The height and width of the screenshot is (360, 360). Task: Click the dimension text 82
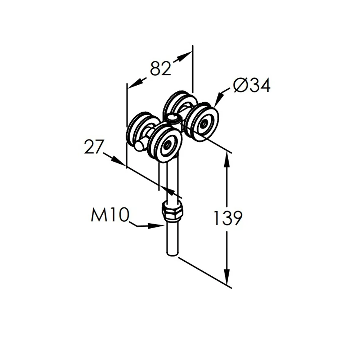click(x=161, y=68)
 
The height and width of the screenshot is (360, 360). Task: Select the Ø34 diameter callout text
click(x=252, y=85)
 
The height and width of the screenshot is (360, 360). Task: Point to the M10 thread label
click(x=109, y=215)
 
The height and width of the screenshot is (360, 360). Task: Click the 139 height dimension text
click(x=228, y=218)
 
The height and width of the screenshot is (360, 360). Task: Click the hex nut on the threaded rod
click(x=172, y=210)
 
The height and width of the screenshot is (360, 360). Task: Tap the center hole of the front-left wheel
click(x=167, y=146)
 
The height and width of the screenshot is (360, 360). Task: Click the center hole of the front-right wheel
click(x=203, y=124)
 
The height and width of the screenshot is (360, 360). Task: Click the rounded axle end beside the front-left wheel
click(x=139, y=146)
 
